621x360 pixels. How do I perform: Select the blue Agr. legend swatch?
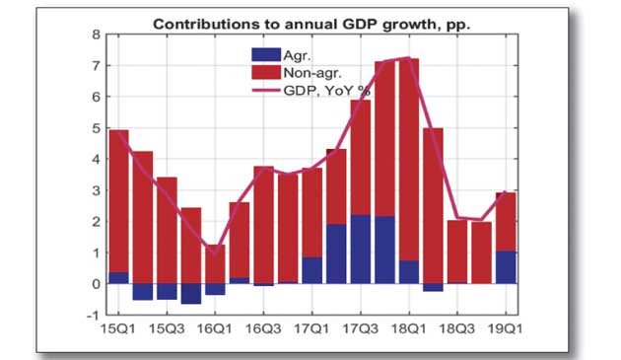point(266,54)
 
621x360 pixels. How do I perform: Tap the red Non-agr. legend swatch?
point(266,72)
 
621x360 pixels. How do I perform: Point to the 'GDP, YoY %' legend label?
point(326,91)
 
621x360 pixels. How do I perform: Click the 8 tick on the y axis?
point(97,35)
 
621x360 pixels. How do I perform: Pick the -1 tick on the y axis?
point(94,316)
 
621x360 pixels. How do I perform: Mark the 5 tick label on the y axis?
point(97,128)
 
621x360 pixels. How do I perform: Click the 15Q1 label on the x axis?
point(118,329)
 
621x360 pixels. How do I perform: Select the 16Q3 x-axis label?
point(263,329)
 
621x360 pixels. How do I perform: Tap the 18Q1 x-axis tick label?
point(409,329)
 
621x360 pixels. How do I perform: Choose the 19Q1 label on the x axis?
point(506,329)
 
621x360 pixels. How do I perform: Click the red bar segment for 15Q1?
point(119,201)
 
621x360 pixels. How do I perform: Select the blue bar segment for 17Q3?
point(361,250)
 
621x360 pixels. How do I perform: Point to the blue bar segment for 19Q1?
point(506,267)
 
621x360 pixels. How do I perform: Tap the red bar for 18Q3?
point(457,252)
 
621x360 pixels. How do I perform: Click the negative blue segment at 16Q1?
point(216,289)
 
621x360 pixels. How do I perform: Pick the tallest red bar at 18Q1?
point(409,160)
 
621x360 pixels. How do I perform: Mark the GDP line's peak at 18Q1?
point(409,58)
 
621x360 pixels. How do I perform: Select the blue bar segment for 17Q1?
point(312,270)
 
